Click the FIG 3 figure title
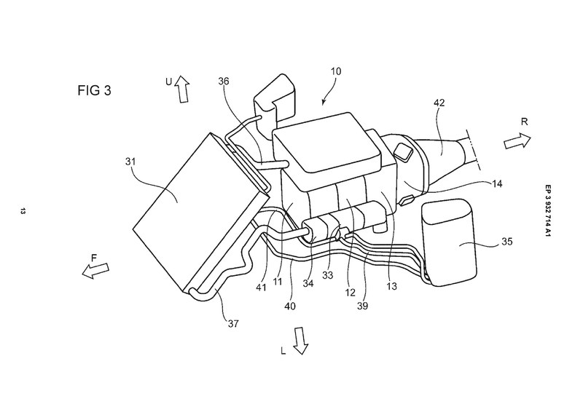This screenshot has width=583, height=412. point(94,90)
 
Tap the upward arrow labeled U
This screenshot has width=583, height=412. point(182,89)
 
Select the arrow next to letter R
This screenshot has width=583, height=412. point(517,141)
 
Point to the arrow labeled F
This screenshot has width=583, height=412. point(95,270)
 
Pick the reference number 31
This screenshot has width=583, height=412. point(130,162)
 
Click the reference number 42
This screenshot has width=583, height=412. point(439,103)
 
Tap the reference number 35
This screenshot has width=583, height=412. point(506,242)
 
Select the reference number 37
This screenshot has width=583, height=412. point(233,324)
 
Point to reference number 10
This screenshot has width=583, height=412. point(335,71)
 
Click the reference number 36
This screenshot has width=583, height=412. point(224,82)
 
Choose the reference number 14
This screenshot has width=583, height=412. point(497,183)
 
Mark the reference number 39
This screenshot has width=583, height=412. point(362,306)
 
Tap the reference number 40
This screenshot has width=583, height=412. point(290,306)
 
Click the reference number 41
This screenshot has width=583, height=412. point(262,288)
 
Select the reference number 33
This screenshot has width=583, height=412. point(327,275)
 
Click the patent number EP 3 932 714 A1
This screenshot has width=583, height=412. point(549,210)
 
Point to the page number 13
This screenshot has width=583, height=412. point(23,211)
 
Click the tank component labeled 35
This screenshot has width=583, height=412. point(450,242)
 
